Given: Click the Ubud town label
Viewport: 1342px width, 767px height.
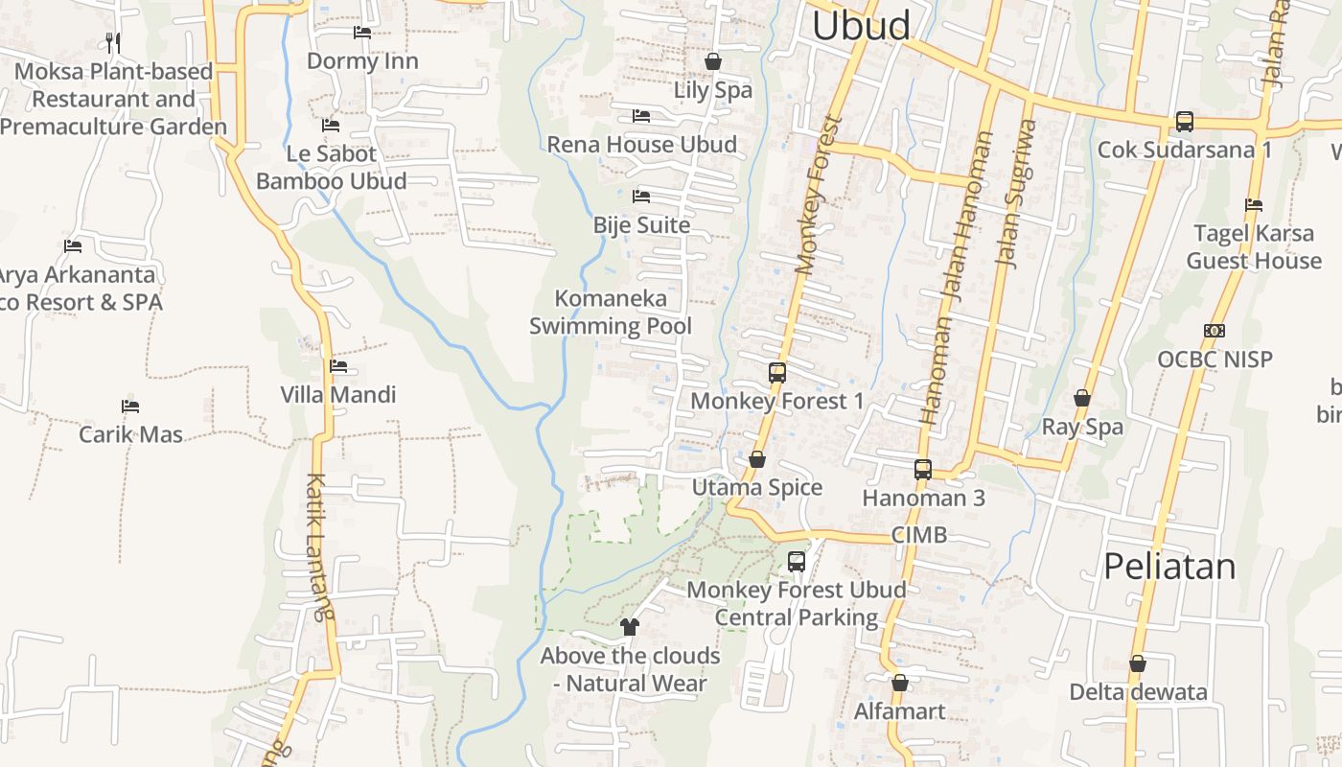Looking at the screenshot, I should click(x=861, y=26).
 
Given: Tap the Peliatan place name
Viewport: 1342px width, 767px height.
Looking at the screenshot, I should click(x=1169, y=566).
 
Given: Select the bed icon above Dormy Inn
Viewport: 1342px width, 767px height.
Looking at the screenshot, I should click(x=362, y=33).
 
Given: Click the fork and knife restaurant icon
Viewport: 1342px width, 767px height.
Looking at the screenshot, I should click(x=113, y=42).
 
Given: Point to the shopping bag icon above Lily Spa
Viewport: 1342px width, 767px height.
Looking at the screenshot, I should click(x=713, y=61).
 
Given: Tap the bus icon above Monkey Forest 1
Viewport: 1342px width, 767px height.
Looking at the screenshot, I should click(x=777, y=373).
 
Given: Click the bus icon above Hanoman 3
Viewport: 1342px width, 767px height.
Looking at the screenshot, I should click(x=923, y=470).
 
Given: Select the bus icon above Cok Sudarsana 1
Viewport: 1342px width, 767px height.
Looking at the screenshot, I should click(x=1185, y=122).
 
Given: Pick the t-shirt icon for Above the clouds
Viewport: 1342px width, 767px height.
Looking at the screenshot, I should click(x=629, y=627).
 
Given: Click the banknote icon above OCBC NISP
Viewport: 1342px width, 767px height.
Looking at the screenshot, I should click(x=1215, y=331).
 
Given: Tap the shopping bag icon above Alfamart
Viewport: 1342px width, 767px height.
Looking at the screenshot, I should click(x=899, y=683).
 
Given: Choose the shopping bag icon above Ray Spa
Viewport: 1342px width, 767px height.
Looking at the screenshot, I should click(x=1082, y=398).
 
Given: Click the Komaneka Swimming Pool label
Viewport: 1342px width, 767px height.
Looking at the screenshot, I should click(x=611, y=312).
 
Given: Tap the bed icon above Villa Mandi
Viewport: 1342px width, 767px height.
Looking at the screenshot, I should click(x=337, y=365).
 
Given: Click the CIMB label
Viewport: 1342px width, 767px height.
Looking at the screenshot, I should click(x=918, y=535).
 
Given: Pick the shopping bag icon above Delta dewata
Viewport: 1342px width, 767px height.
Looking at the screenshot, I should click(x=1138, y=663).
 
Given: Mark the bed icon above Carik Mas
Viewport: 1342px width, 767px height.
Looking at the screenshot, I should click(x=130, y=407).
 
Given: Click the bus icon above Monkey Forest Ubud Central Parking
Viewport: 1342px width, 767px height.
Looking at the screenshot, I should click(x=797, y=562).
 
